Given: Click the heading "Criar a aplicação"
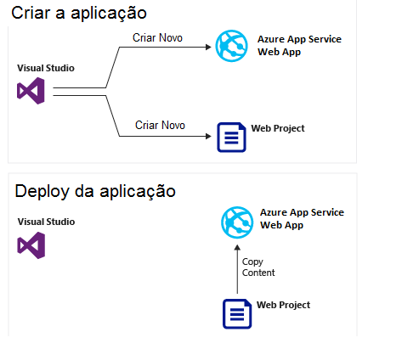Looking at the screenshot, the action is [79, 14].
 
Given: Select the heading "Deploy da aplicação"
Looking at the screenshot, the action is [95, 192].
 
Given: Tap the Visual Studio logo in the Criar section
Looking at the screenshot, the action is [31, 91].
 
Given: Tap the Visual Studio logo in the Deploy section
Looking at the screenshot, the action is [31, 245].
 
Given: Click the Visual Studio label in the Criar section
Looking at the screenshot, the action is [46, 68].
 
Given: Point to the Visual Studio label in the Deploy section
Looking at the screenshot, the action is [46, 222].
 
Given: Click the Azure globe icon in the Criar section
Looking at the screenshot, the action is [231, 46].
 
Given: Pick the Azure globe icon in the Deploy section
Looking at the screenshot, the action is [237, 222].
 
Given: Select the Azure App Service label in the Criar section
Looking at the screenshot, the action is [299, 46].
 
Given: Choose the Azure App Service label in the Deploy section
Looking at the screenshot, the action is [302, 219].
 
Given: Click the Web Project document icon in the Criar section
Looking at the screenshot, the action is [231, 138].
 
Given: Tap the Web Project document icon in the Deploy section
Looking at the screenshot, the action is [237, 314].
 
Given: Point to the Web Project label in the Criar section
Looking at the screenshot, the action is [278, 128].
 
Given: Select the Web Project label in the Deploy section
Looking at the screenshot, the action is [283, 305].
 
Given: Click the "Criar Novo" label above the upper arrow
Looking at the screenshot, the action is [157, 38].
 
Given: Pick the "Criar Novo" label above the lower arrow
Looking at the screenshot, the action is [160, 125].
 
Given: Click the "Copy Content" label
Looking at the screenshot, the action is [258, 267].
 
